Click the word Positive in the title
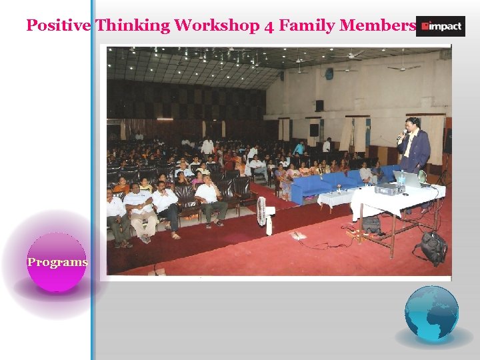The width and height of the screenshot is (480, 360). click(x=59, y=26)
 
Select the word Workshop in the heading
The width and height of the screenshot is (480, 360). click(x=223, y=26)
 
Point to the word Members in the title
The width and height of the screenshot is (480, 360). click(x=377, y=26)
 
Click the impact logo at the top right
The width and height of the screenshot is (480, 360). click(x=440, y=26)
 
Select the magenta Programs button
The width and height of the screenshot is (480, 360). click(x=57, y=262)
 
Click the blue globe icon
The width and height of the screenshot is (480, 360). click(x=431, y=313)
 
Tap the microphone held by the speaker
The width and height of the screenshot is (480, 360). click(x=402, y=134)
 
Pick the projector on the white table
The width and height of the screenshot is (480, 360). click(x=389, y=189)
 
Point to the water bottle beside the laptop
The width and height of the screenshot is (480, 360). click(x=421, y=177)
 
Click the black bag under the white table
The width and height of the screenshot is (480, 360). click(x=371, y=225)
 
